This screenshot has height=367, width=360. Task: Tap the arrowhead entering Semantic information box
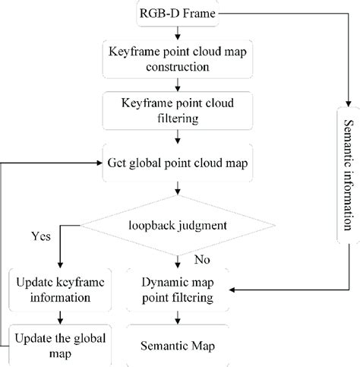click(x=346, y=105)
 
